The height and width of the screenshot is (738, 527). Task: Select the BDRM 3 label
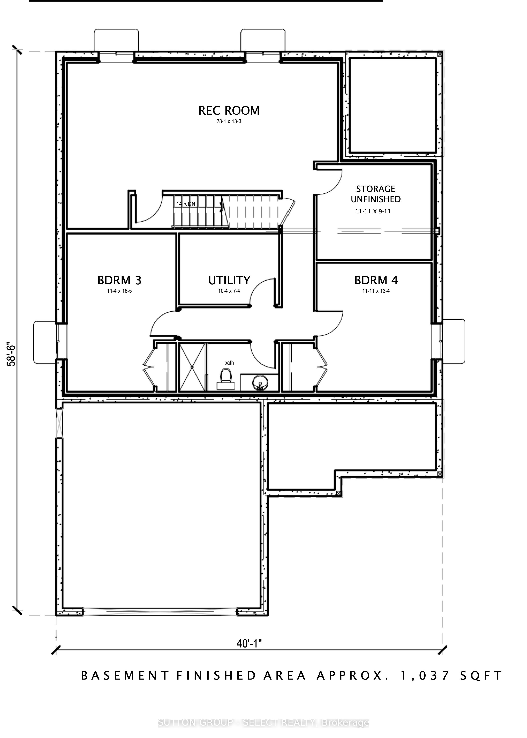coord(120,280)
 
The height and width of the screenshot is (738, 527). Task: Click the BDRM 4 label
coord(376,280)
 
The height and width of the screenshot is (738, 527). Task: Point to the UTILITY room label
coord(229,280)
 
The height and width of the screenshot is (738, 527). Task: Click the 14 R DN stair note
coord(186,204)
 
